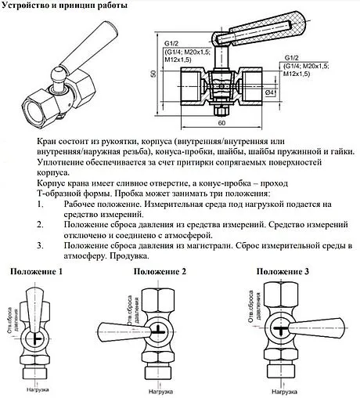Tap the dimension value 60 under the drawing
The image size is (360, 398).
coord(222,124)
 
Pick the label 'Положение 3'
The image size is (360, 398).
coord(283,271)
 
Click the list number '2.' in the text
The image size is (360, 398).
coord(40,224)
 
